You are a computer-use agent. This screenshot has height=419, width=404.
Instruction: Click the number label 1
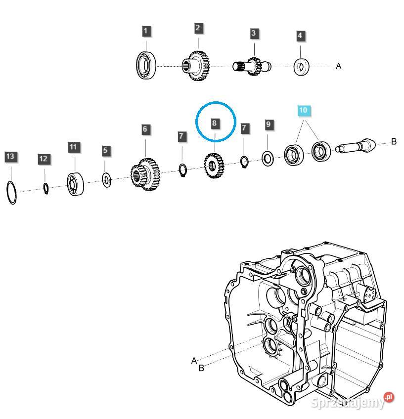click(x=145, y=31)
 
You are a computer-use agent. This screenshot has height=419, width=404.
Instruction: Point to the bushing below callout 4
click(x=301, y=66)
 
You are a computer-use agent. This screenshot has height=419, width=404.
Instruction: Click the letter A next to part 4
click(x=339, y=66)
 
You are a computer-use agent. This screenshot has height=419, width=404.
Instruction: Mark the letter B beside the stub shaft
click(x=394, y=142)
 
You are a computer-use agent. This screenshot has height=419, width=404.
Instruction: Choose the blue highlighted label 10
click(x=303, y=110)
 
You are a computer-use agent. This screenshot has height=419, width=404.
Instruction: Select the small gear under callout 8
click(x=214, y=166)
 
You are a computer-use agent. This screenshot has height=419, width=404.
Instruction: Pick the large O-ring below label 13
click(x=12, y=192)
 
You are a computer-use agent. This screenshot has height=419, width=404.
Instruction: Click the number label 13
click(x=10, y=157)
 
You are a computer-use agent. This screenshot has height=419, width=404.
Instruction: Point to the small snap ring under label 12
click(x=45, y=188)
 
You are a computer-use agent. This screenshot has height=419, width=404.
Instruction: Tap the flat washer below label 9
click(x=268, y=159)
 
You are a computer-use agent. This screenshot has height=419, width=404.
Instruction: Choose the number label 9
click(x=268, y=124)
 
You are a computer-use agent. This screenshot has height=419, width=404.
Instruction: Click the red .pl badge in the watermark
click(x=389, y=397)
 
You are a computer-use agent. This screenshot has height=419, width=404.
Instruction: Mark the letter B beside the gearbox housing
click(x=201, y=368)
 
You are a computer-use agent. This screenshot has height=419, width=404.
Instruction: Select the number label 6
click(x=145, y=129)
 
